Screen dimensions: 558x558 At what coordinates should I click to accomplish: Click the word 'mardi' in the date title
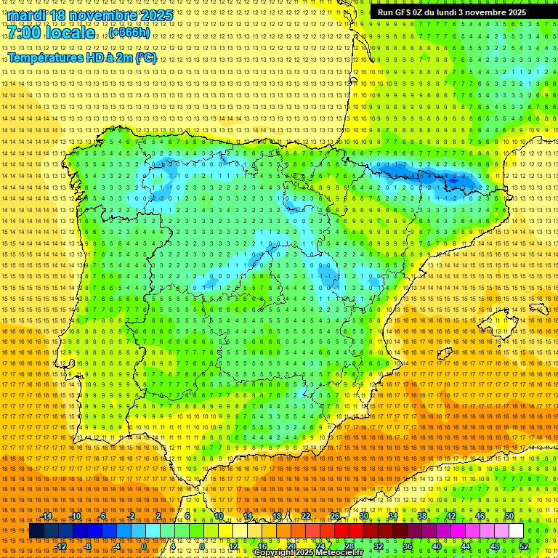click(x=26, y=15)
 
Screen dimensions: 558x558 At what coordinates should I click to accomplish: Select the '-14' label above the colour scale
click(x=46, y=516)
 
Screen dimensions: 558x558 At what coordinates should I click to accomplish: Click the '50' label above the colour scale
click(x=509, y=516)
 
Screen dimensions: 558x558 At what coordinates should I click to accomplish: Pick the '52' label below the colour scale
click(x=524, y=546)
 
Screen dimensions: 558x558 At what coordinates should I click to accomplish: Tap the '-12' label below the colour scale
click(x=61, y=546)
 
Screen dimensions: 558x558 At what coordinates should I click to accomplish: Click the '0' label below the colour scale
click(x=145, y=546)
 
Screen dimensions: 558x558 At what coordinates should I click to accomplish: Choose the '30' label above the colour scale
click(x=364, y=516)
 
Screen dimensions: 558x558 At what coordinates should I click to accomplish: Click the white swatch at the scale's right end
click(x=516, y=531)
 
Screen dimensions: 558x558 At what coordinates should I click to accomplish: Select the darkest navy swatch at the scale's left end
click(x=36, y=531)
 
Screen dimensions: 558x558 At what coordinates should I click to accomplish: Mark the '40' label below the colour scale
click(x=437, y=546)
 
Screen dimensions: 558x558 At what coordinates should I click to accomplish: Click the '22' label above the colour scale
click(x=306, y=516)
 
